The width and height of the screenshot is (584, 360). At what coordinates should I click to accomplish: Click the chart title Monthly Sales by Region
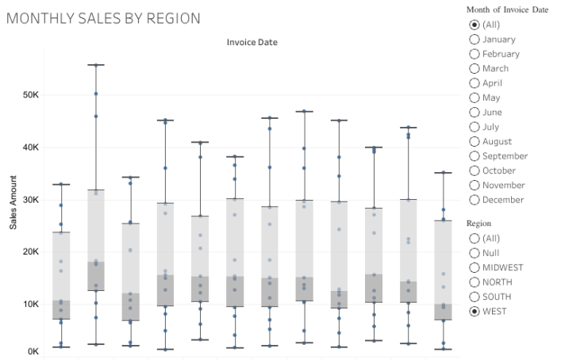tap(103, 17)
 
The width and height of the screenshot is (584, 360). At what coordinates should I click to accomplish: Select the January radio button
tap(474, 39)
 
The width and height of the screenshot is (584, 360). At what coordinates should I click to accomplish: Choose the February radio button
tap(474, 54)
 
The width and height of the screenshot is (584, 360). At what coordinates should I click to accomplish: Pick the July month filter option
tap(474, 127)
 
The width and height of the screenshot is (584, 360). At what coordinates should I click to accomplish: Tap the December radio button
tap(474, 200)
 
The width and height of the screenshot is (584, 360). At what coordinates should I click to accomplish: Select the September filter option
tap(474, 156)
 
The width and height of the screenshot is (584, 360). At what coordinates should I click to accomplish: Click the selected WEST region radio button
tap(474, 311)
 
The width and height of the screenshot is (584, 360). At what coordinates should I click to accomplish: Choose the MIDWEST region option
tap(474, 267)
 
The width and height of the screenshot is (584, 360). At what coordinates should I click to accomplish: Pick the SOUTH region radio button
tap(474, 297)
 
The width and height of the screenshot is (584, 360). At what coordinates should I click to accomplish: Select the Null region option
tap(474, 253)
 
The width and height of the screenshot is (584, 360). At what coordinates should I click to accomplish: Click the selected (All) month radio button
tap(474, 25)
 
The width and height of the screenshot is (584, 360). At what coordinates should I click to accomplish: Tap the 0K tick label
tap(33, 350)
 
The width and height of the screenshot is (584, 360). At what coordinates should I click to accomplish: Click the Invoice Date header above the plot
tap(252, 41)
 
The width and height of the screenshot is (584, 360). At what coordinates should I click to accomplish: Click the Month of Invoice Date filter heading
tap(507, 10)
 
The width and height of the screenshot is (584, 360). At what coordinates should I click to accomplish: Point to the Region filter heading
tap(479, 224)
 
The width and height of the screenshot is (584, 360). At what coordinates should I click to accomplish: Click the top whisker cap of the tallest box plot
tap(96, 65)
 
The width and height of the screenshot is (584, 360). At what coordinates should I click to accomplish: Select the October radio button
tap(474, 170)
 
